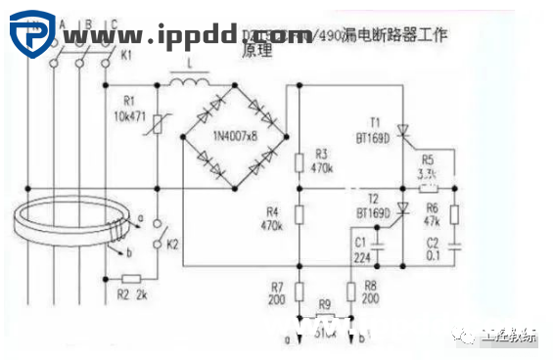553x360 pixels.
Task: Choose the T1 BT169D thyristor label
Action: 374,129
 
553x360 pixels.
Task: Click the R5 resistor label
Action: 427,167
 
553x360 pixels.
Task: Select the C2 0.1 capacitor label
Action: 433,248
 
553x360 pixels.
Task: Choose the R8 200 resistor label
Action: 370,291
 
